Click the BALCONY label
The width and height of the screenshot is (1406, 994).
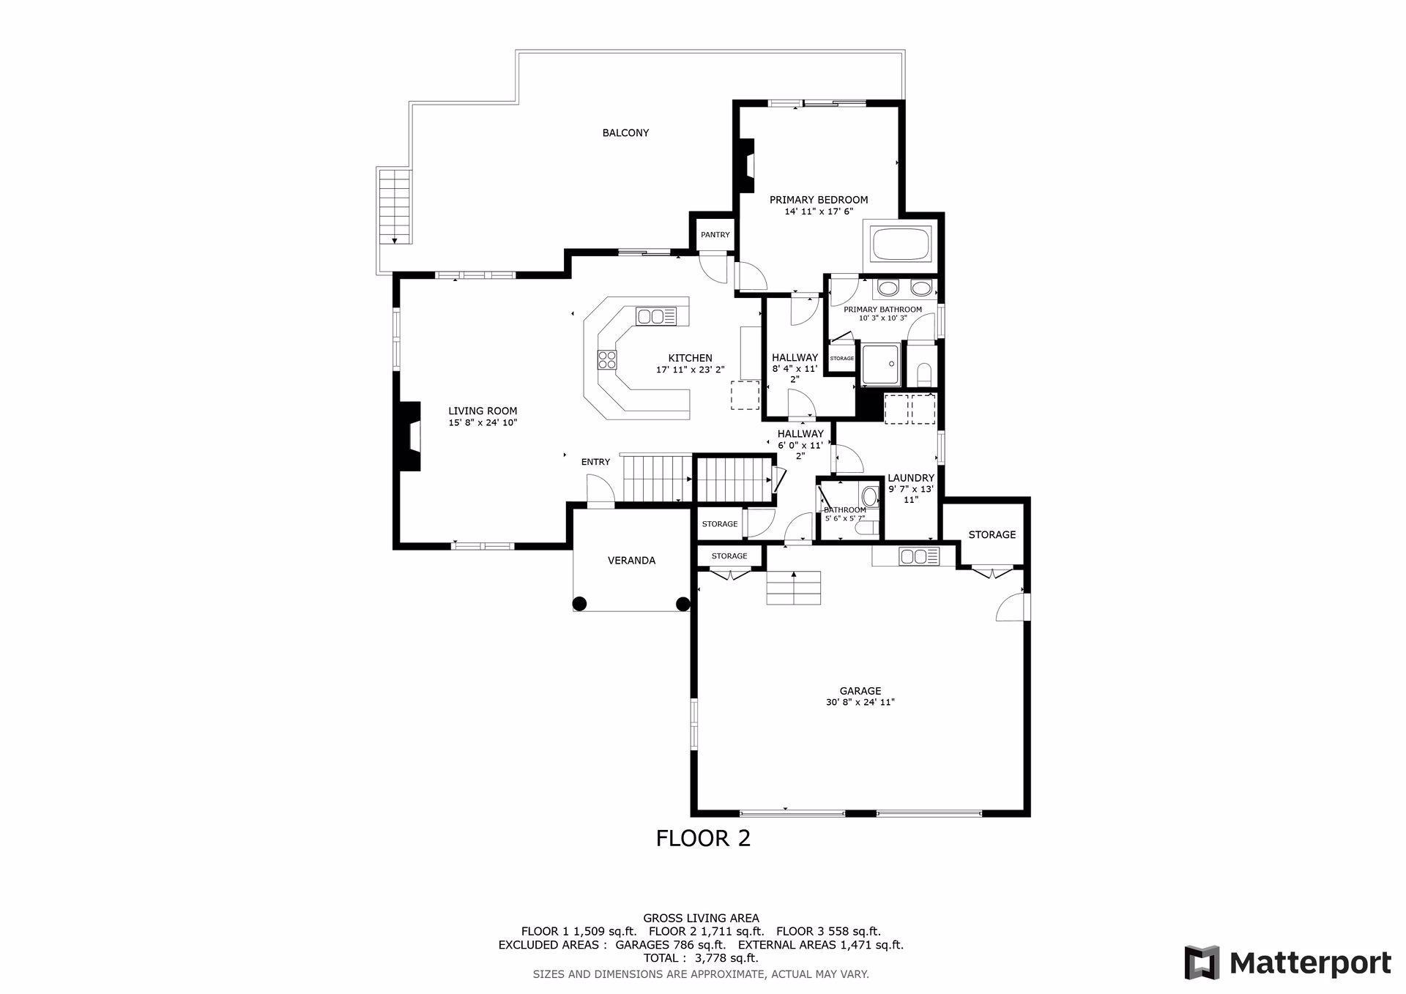tap(625, 133)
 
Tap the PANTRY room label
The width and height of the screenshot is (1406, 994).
tap(715, 235)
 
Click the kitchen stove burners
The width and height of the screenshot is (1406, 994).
tap(607, 359)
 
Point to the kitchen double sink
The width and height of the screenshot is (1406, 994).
tap(656, 316)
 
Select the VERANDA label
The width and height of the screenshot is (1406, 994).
tap(631, 561)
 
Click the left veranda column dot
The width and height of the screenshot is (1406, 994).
tap(579, 604)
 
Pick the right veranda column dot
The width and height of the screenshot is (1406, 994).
tap(682, 604)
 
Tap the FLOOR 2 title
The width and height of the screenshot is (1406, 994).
tap(703, 838)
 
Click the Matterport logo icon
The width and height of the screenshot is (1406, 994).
tap(1202, 963)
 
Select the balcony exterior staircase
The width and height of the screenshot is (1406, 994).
tap(394, 206)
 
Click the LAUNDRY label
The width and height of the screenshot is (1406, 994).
tap(911, 478)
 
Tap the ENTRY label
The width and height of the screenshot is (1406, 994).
tap(595, 462)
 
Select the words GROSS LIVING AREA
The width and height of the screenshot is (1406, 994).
tap(701, 918)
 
